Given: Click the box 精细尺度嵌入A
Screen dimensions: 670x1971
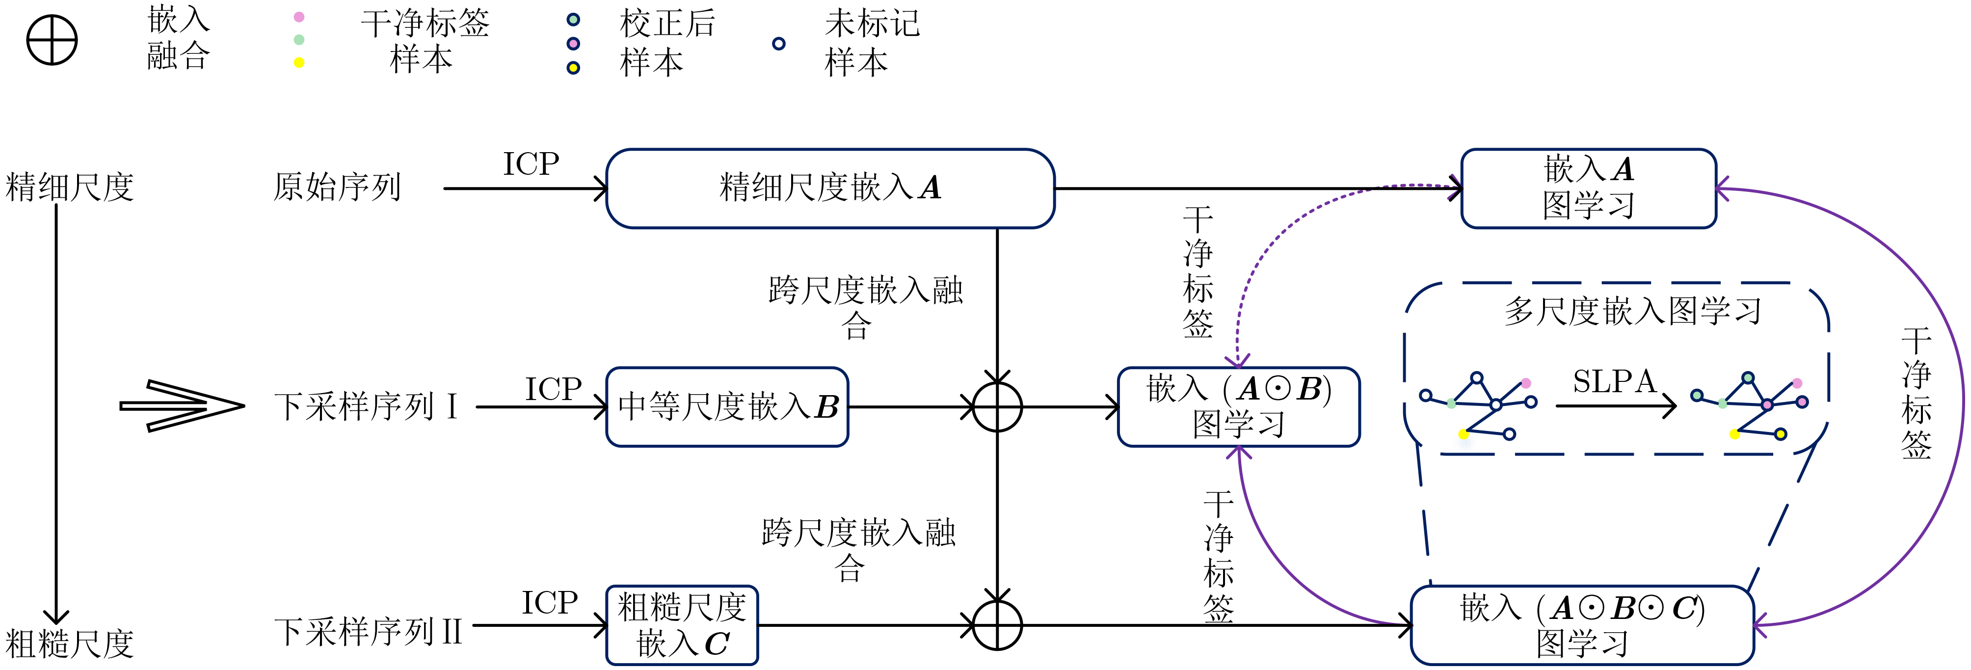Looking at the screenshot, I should (830, 188).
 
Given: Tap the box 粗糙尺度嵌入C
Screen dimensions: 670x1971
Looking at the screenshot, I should (682, 625).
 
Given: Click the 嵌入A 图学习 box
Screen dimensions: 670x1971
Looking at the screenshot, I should (1588, 188).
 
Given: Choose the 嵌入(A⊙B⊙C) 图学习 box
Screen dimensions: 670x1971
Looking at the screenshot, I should (1581, 625).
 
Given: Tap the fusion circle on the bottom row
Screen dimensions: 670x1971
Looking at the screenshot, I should (997, 625).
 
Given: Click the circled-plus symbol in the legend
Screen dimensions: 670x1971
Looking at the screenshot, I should (52, 40).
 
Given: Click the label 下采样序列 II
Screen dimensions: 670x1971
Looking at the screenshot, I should (368, 632).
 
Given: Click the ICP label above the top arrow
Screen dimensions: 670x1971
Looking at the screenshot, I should (531, 163).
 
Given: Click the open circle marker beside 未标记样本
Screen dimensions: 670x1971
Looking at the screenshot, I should (778, 44).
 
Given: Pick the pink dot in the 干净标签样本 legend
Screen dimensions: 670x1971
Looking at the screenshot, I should (299, 17).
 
